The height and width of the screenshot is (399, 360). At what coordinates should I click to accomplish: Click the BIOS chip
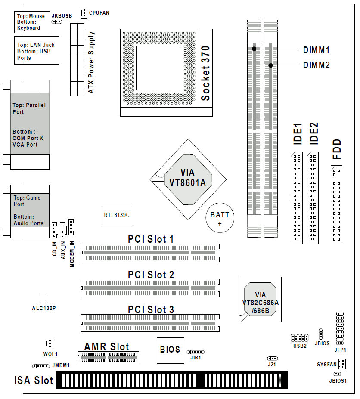(x=171, y=350)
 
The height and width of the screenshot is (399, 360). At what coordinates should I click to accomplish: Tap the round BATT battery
(x=220, y=217)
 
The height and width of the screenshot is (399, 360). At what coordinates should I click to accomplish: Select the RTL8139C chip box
(x=117, y=214)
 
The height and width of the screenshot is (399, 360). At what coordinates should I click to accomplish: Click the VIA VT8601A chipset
(x=188, y=179)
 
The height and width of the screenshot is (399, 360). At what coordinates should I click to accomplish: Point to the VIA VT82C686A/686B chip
(x=260, y=299)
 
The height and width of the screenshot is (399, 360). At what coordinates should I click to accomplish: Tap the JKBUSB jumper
(x=57, y=22)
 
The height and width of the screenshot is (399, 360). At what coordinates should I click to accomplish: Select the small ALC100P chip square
(x=43, y=298)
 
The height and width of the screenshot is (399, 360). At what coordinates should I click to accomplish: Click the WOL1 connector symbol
(x=49, y=344)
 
